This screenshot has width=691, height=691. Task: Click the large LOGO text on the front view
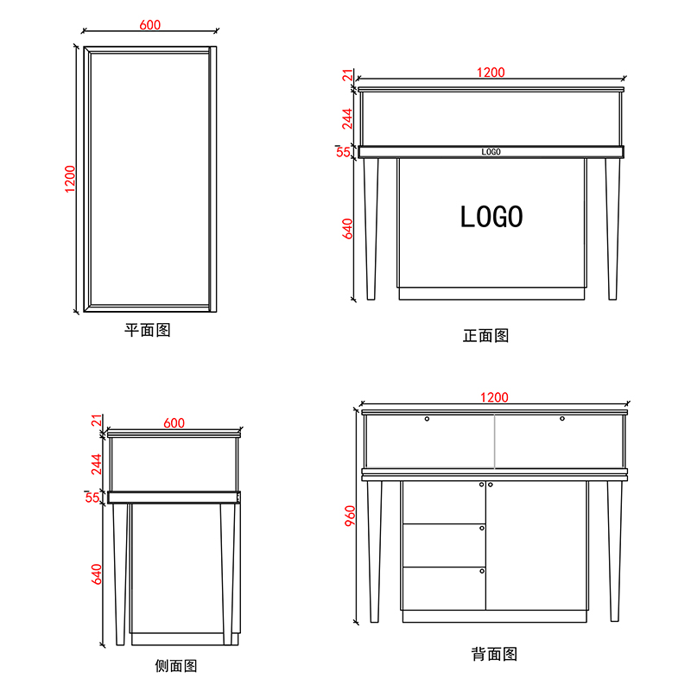491,216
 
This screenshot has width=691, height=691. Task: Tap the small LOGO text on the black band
491,152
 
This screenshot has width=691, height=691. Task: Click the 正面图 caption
485,335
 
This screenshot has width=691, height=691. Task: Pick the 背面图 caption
494,654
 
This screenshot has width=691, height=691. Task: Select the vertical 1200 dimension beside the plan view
71,179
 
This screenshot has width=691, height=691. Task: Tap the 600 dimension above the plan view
149,26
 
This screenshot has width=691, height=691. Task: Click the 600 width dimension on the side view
174,422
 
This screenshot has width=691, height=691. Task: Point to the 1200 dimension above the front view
491,73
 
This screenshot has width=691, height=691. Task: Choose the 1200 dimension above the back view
494,397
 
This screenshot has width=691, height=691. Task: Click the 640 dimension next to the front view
348,229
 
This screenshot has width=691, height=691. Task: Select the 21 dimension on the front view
348,76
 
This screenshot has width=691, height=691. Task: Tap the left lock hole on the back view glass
427,419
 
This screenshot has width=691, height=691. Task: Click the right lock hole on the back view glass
561,419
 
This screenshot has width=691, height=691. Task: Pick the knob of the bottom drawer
482,570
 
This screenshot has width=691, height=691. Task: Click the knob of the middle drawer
482,527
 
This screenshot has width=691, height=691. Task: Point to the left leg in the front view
371,229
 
